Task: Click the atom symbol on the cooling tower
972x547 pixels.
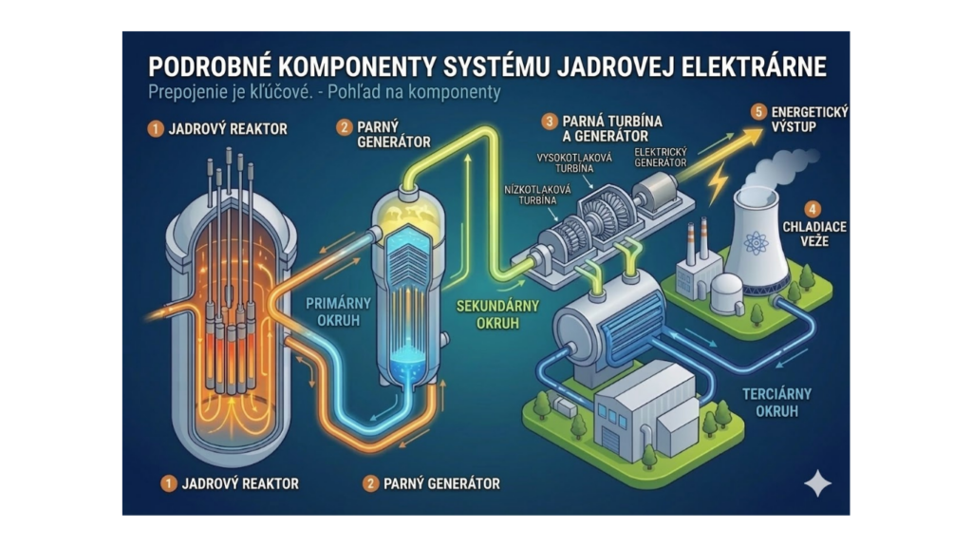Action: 756,242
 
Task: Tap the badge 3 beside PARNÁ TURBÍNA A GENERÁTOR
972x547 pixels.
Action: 550,122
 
